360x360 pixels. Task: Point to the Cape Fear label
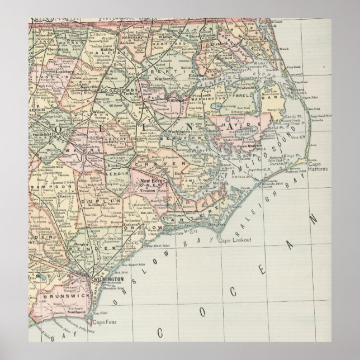tap(105, 322)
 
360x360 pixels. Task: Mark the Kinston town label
tap(116, 167)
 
